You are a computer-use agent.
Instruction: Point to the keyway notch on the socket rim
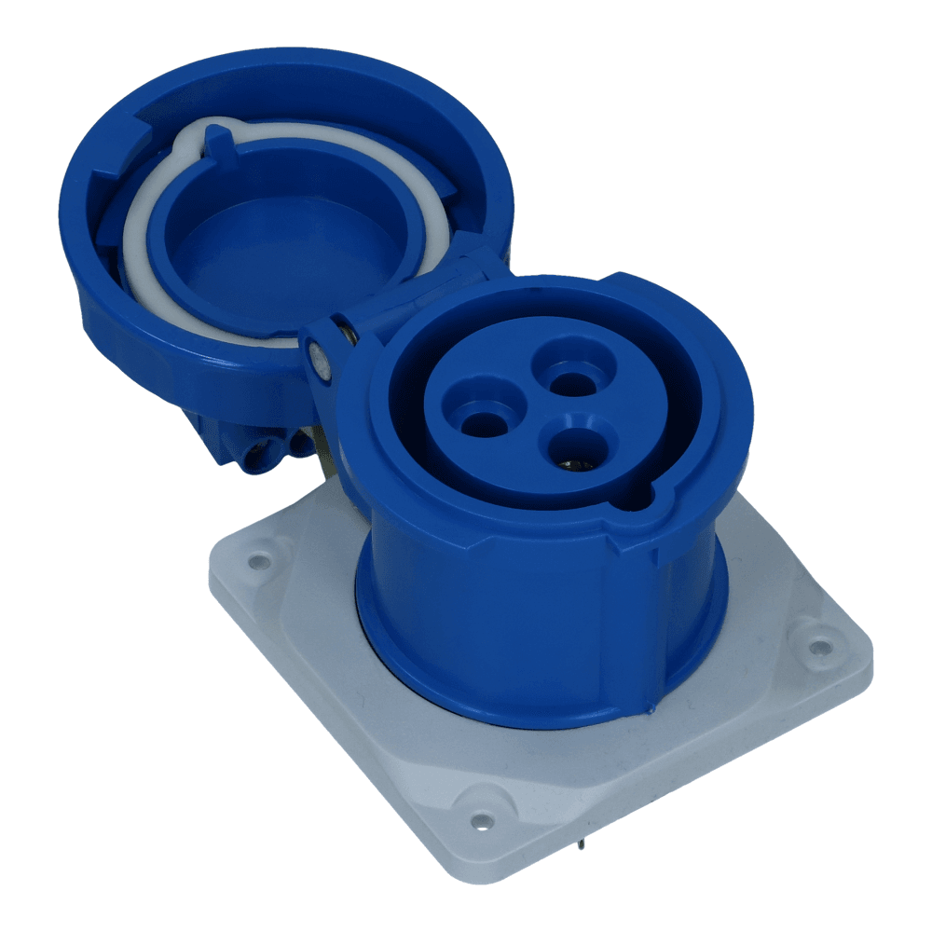pyautogui.click(x=643, y=499)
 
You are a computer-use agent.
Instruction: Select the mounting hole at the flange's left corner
pyautogui.click(x=261, y=562)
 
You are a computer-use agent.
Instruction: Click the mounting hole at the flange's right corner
pyautogui.click(x=819, y=646)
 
